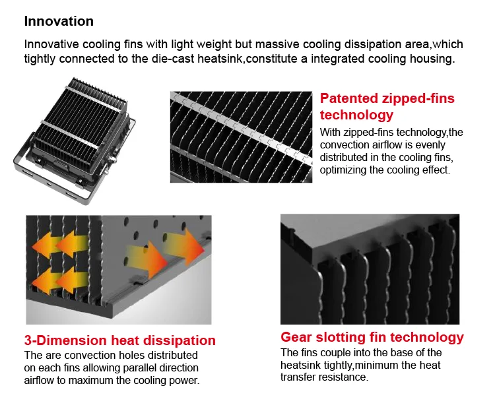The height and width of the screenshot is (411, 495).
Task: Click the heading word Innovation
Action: click(59, 21)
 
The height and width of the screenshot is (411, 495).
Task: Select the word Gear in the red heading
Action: click(296, 337)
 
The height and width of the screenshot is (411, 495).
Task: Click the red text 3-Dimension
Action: click(65, 340)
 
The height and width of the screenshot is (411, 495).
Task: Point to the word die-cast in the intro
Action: click(173, 59)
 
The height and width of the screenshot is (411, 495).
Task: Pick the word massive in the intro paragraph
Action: click(277, 44)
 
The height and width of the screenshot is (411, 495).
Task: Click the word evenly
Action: click(430, 145)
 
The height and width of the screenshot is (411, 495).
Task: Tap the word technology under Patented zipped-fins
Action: click(356, 115)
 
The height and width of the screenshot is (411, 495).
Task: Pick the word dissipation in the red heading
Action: click(180, 340)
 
